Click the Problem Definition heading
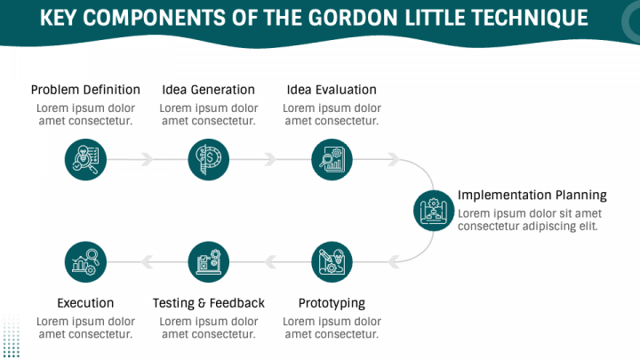coord(85,90)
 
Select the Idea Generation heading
coord(209,90)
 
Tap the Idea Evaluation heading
coord(332,90)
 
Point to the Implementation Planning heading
coord(532,195)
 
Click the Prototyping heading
coord(332,303)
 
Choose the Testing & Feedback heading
coord(209,303)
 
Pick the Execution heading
coord(85,303)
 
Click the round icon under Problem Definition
coord(86,160)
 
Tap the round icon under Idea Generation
coord(209,160)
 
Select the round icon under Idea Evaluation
coord(332,160)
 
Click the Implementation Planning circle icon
coord(434,211)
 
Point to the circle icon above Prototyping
coord(332,262)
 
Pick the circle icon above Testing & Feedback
coord(209,262)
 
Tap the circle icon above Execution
coord(86,262)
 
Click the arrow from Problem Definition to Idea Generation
coord(148,160)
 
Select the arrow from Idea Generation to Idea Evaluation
coord(270,160)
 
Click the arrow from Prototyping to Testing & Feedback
coord(270,262)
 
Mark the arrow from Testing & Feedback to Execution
coord(148,262)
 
